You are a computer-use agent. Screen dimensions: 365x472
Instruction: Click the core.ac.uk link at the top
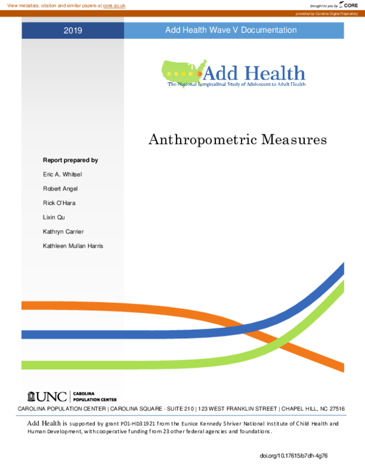coord(114,5)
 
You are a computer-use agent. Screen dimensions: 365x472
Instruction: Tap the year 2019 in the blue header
coord(73,30)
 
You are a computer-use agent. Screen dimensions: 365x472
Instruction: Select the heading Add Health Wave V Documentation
coord(231,30)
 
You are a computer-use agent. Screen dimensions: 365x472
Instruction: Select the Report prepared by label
coord(71,160)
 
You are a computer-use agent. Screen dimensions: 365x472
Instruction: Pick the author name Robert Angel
coord(60,189)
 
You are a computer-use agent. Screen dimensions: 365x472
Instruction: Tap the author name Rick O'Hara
coord(60,203)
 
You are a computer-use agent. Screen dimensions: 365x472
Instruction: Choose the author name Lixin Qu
coord(54,217)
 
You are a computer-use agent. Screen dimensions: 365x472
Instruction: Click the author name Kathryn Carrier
coord(64,231)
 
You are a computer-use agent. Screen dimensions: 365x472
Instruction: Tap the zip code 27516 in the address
coord(334,409)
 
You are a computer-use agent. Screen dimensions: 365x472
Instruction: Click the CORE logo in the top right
coord(350,5)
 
